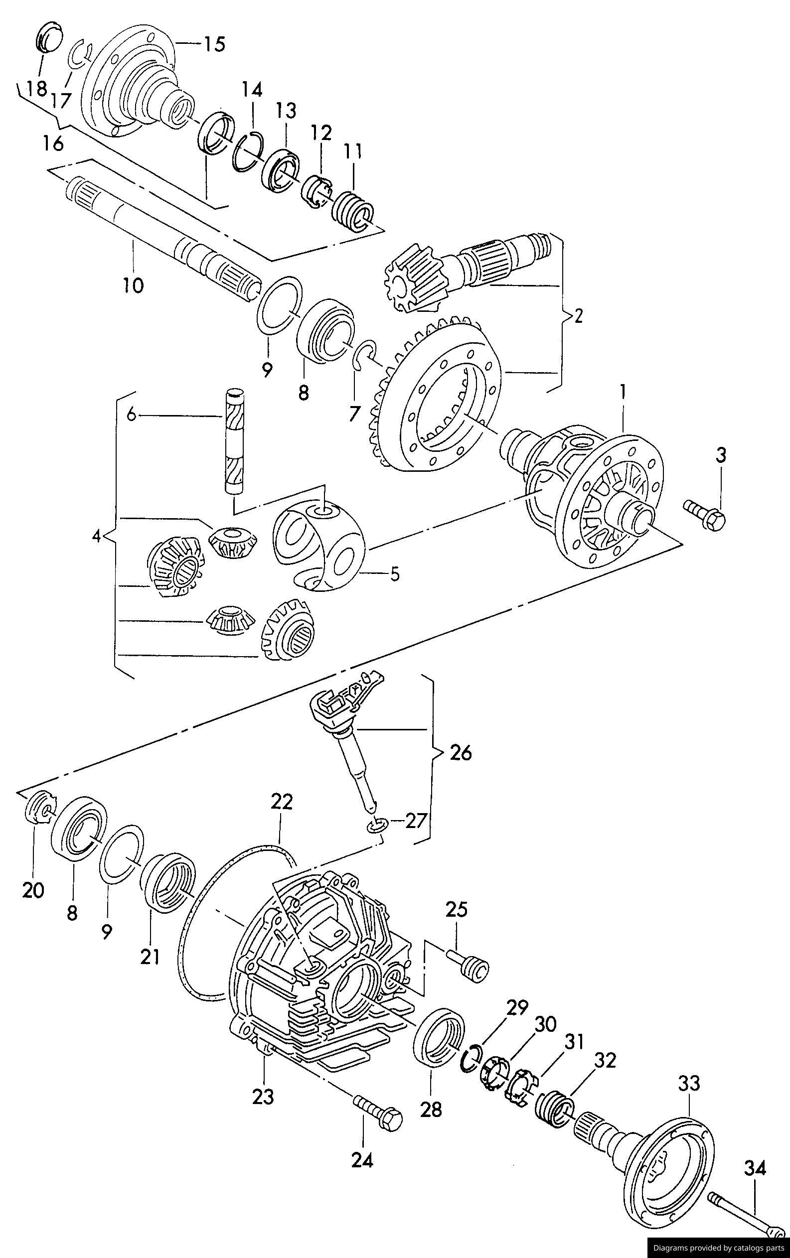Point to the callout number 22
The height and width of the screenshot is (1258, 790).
281,802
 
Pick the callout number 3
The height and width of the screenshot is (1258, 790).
721,455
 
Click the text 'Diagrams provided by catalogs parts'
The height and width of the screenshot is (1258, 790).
718,1245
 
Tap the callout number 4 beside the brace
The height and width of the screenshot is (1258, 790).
96,536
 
